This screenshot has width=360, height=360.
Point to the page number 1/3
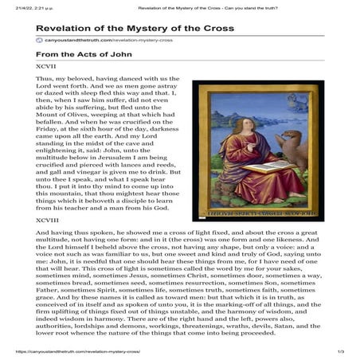pos(340,351)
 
